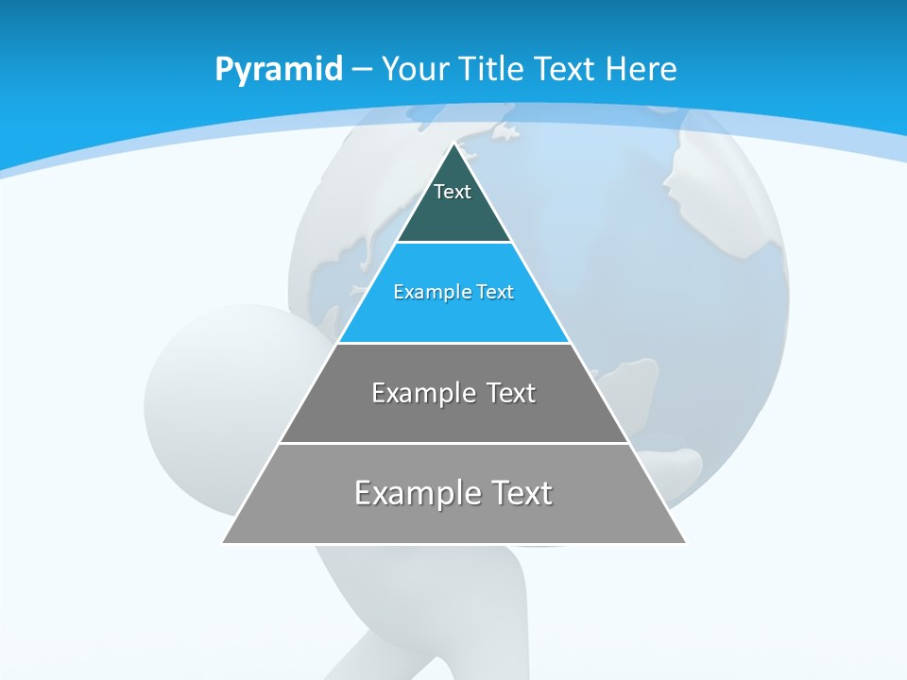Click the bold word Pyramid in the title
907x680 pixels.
278,69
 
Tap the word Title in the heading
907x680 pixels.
494,69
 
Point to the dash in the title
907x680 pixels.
362,70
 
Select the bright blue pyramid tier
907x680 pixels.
454,316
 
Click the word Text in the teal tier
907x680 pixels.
453,192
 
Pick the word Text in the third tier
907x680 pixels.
510,393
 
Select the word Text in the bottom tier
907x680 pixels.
518,493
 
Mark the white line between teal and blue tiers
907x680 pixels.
454,243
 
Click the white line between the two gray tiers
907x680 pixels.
454,443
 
